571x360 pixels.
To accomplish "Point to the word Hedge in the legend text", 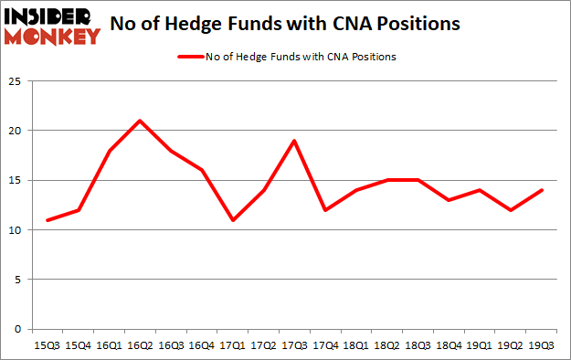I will tap(248, 57).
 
